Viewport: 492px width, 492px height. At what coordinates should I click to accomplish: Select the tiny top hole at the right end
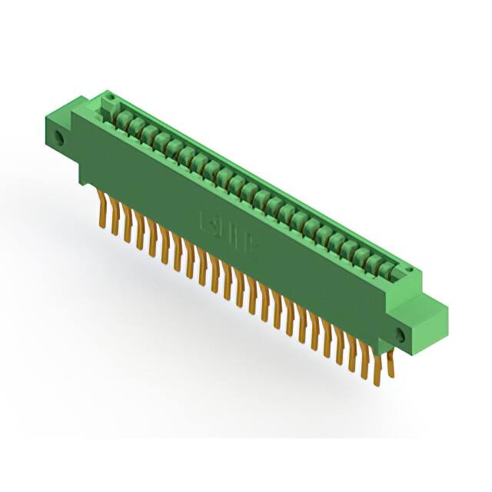414,271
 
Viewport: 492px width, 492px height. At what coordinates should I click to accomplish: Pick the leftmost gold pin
101,208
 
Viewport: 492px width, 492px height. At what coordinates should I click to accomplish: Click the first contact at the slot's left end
121,116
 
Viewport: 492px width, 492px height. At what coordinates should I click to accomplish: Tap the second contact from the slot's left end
133,124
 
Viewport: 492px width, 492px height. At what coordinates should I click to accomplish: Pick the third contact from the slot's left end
145,131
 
